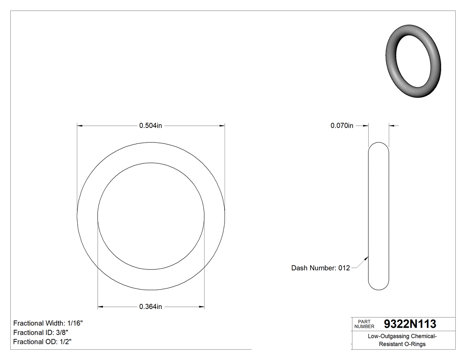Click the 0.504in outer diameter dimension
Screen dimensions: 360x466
click(x=150, y=126)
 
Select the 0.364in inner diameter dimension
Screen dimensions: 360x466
click(x=150, y=307)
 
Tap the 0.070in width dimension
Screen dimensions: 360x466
click(x=342, y=126)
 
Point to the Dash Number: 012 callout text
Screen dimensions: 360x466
click(x=320, y=268)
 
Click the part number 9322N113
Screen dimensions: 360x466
click(x=410, y=324)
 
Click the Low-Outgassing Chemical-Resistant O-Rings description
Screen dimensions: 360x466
click(x=403, y=340)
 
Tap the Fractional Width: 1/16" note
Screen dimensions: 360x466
click(x=48, y=323)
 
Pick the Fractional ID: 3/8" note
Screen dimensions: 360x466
click(x=41, y=332)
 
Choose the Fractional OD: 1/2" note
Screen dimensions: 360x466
click(x=42, y=342)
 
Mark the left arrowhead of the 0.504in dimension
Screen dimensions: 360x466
click(x=80, y=126)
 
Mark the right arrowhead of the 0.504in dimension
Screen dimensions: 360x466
click(x=221, y=126)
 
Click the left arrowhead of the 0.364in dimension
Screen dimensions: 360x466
click(x=100, y=307)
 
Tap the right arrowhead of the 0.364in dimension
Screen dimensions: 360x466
click(x=201, y=307)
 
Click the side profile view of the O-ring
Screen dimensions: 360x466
click(x=379, y=216)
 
